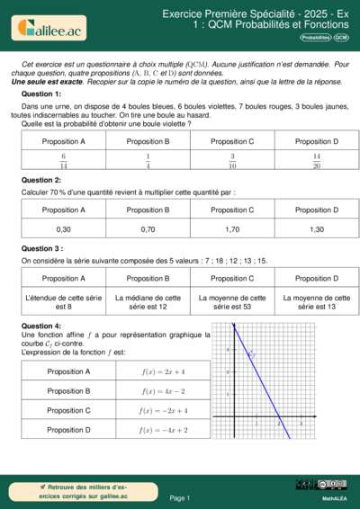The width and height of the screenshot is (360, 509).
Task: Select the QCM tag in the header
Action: pos(342,38)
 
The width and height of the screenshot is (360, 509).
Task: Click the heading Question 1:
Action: pos(41,94)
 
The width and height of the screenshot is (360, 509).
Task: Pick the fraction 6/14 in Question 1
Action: pos(63,161)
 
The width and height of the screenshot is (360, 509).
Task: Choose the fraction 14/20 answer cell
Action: pos(317,161)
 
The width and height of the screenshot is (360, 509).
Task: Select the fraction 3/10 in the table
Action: pos(232,161)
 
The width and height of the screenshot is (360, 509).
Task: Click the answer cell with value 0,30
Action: pos(63,229)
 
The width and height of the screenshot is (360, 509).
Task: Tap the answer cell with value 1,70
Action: pos(232,229)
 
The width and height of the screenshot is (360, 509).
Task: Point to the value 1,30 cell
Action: pos(317,229)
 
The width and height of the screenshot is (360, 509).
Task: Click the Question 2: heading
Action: pos(41,180)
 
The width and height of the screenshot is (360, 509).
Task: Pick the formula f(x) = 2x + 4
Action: pos(163,371)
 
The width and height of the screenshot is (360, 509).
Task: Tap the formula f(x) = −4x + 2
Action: pos(163,430)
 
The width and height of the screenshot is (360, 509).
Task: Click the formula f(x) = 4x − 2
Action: pos(163,391)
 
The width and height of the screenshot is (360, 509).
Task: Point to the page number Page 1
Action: pos(179,497)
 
